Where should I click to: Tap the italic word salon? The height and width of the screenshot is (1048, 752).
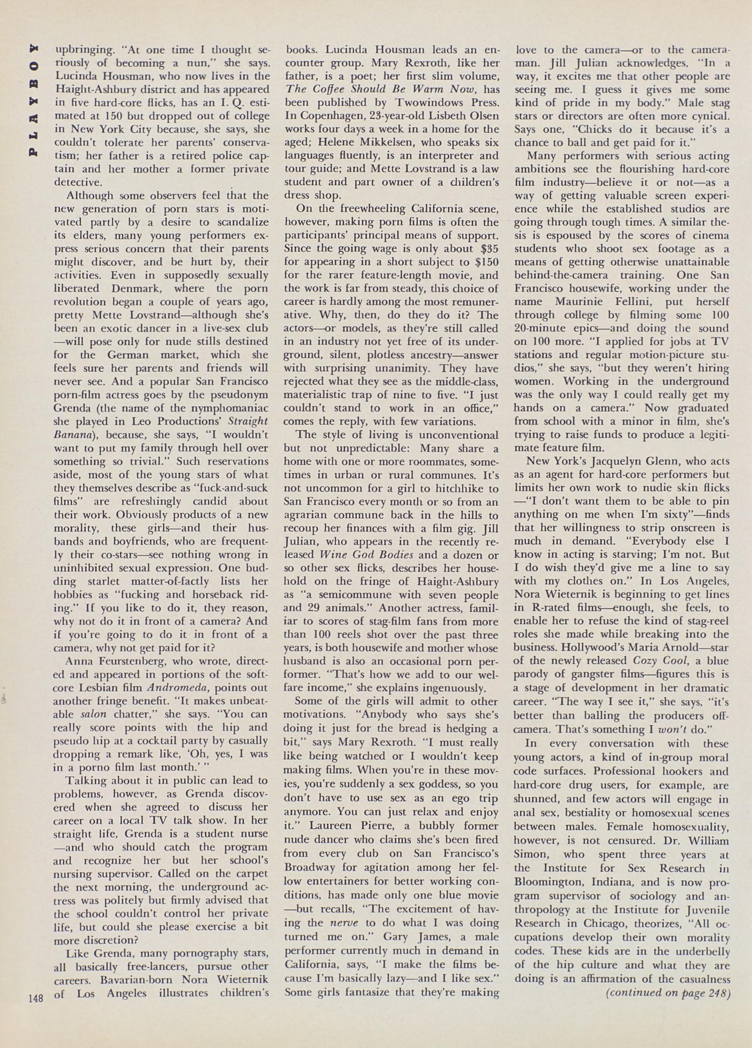[x=94, y=714]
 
